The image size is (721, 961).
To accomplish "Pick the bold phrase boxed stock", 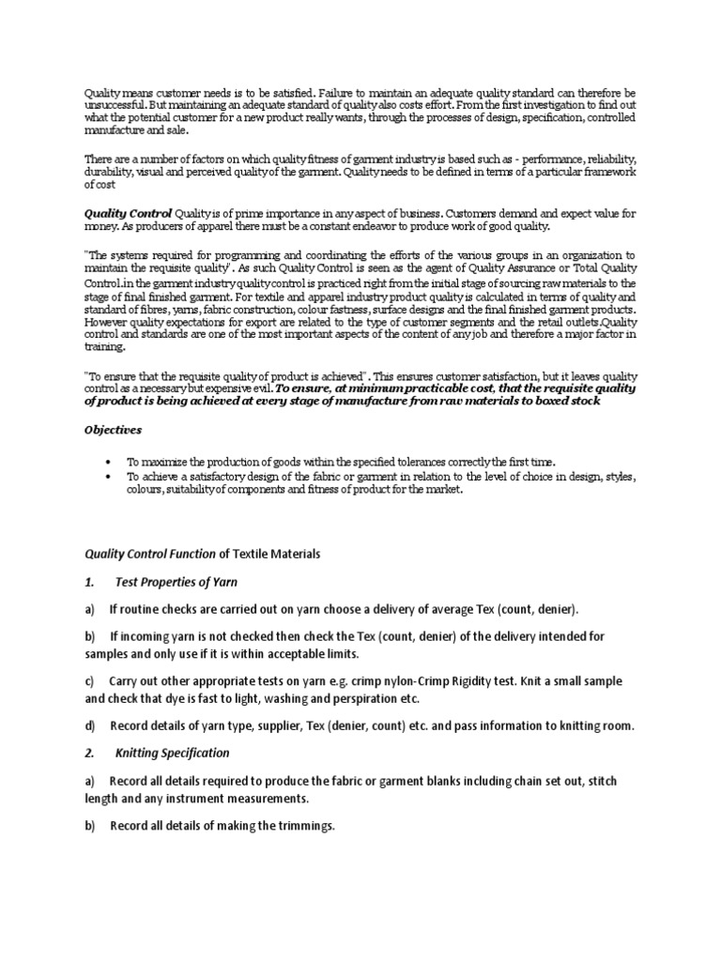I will coord(564,401).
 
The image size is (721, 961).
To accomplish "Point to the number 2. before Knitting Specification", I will coord(90,753).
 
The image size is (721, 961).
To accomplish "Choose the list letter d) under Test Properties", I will coord(90,725).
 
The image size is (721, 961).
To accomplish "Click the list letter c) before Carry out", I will coord(90,680).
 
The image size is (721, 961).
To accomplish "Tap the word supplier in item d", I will coord(269,725).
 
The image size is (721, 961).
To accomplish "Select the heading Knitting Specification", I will coord(172,753).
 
